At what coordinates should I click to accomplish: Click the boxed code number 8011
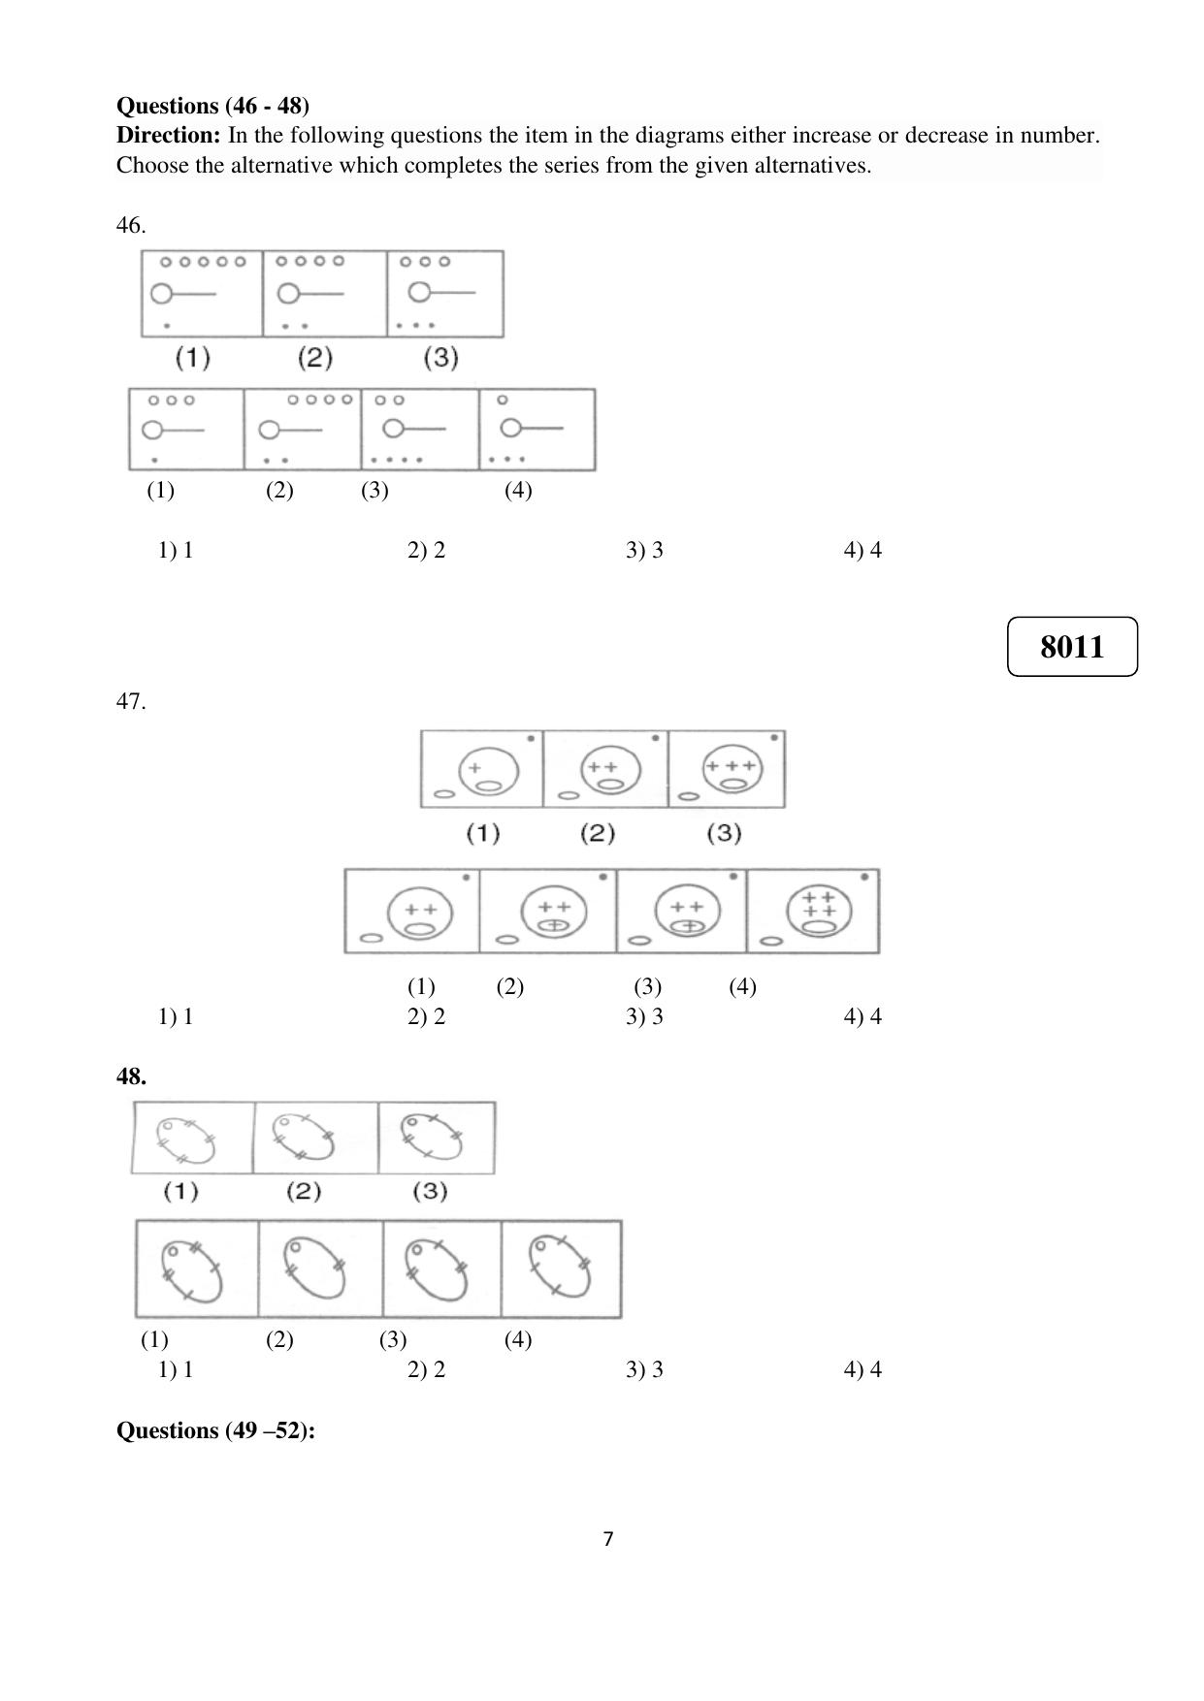tap(1072, 646)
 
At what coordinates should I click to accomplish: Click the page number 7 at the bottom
tap(608, 1539)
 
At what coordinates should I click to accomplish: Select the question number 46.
tap(131, 225)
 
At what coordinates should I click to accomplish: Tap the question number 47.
tap(131, 701)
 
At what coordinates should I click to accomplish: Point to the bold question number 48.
tap(131, 1075)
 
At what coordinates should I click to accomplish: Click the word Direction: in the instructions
tap(169, 135)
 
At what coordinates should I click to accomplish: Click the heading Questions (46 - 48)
tap(213, 105)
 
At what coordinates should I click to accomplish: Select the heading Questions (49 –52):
tap(215, 1430)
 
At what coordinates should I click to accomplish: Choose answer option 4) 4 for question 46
tap(862, 550)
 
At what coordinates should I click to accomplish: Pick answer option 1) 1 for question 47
tap(176, 1016)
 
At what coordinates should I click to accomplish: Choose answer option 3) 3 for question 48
tap(644, 1369)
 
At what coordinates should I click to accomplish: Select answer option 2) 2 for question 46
tap(426, 550)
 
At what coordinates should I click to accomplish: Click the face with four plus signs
tap(820, 912)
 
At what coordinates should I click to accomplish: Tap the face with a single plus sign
tap(488, 771)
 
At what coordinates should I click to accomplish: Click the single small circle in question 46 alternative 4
tap(502, 400)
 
